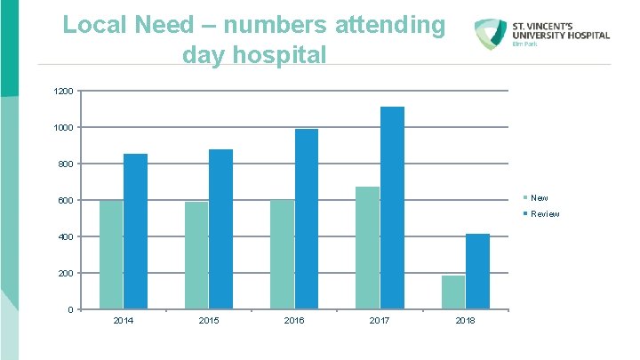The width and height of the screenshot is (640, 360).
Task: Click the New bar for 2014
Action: tap(111, 254)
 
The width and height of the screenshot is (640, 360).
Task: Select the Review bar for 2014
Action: tap(135, 231)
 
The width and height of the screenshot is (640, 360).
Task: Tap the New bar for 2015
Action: tap(196, 255)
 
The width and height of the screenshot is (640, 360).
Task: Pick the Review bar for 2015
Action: tap(220, 229)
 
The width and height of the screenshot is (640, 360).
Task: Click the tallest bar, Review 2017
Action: tap(392, 208)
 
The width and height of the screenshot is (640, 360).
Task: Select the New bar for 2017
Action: tap(367, 248)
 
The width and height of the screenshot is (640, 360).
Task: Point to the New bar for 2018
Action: tap(452, 292)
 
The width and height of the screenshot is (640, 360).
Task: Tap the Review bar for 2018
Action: tap(477, 271)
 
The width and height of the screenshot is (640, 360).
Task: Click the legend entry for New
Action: tap(539, 197)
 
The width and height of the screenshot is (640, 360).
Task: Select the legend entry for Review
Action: tap(544, 214)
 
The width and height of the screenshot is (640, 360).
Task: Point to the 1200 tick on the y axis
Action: tap(63, 92)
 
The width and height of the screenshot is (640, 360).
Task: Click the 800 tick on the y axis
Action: tap(66, 164)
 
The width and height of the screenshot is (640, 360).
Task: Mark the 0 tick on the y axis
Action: tap(70, 309)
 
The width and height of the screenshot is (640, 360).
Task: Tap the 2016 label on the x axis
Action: tap(294, 320)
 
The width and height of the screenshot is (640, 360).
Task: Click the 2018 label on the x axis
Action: tap(465, 320)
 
